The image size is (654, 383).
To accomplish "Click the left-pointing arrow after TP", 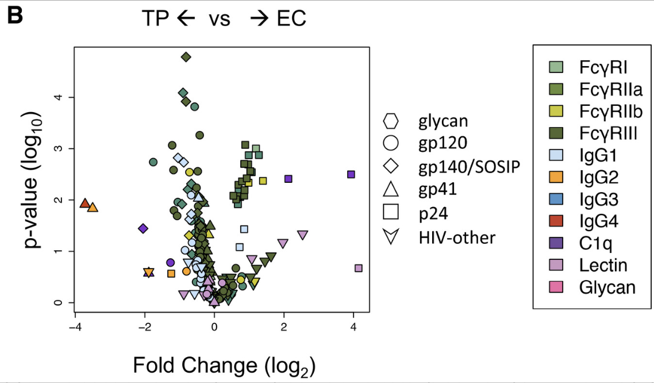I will click(x=187, y=19).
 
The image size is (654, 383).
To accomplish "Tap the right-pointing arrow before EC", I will click(x=259, y=19).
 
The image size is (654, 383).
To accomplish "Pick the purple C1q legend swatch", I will click(x=556, y=243).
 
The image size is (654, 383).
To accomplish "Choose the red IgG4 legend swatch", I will click(x=556, y=221).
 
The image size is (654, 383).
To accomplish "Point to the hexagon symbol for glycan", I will click(x=391, y=121).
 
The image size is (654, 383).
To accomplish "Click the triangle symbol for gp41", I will click(x=391, y=189).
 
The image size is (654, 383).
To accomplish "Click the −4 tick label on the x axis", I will click(x=74, y=327).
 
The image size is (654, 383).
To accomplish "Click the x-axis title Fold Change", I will click(x=225, y=365).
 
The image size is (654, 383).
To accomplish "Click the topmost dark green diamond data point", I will click(x=186, y=57).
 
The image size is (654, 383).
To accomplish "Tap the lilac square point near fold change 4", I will click(x=359, y=268).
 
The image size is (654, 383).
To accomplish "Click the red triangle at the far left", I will click(x=84, y=204).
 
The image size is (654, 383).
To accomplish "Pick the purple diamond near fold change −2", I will click(x=143, y=228).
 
